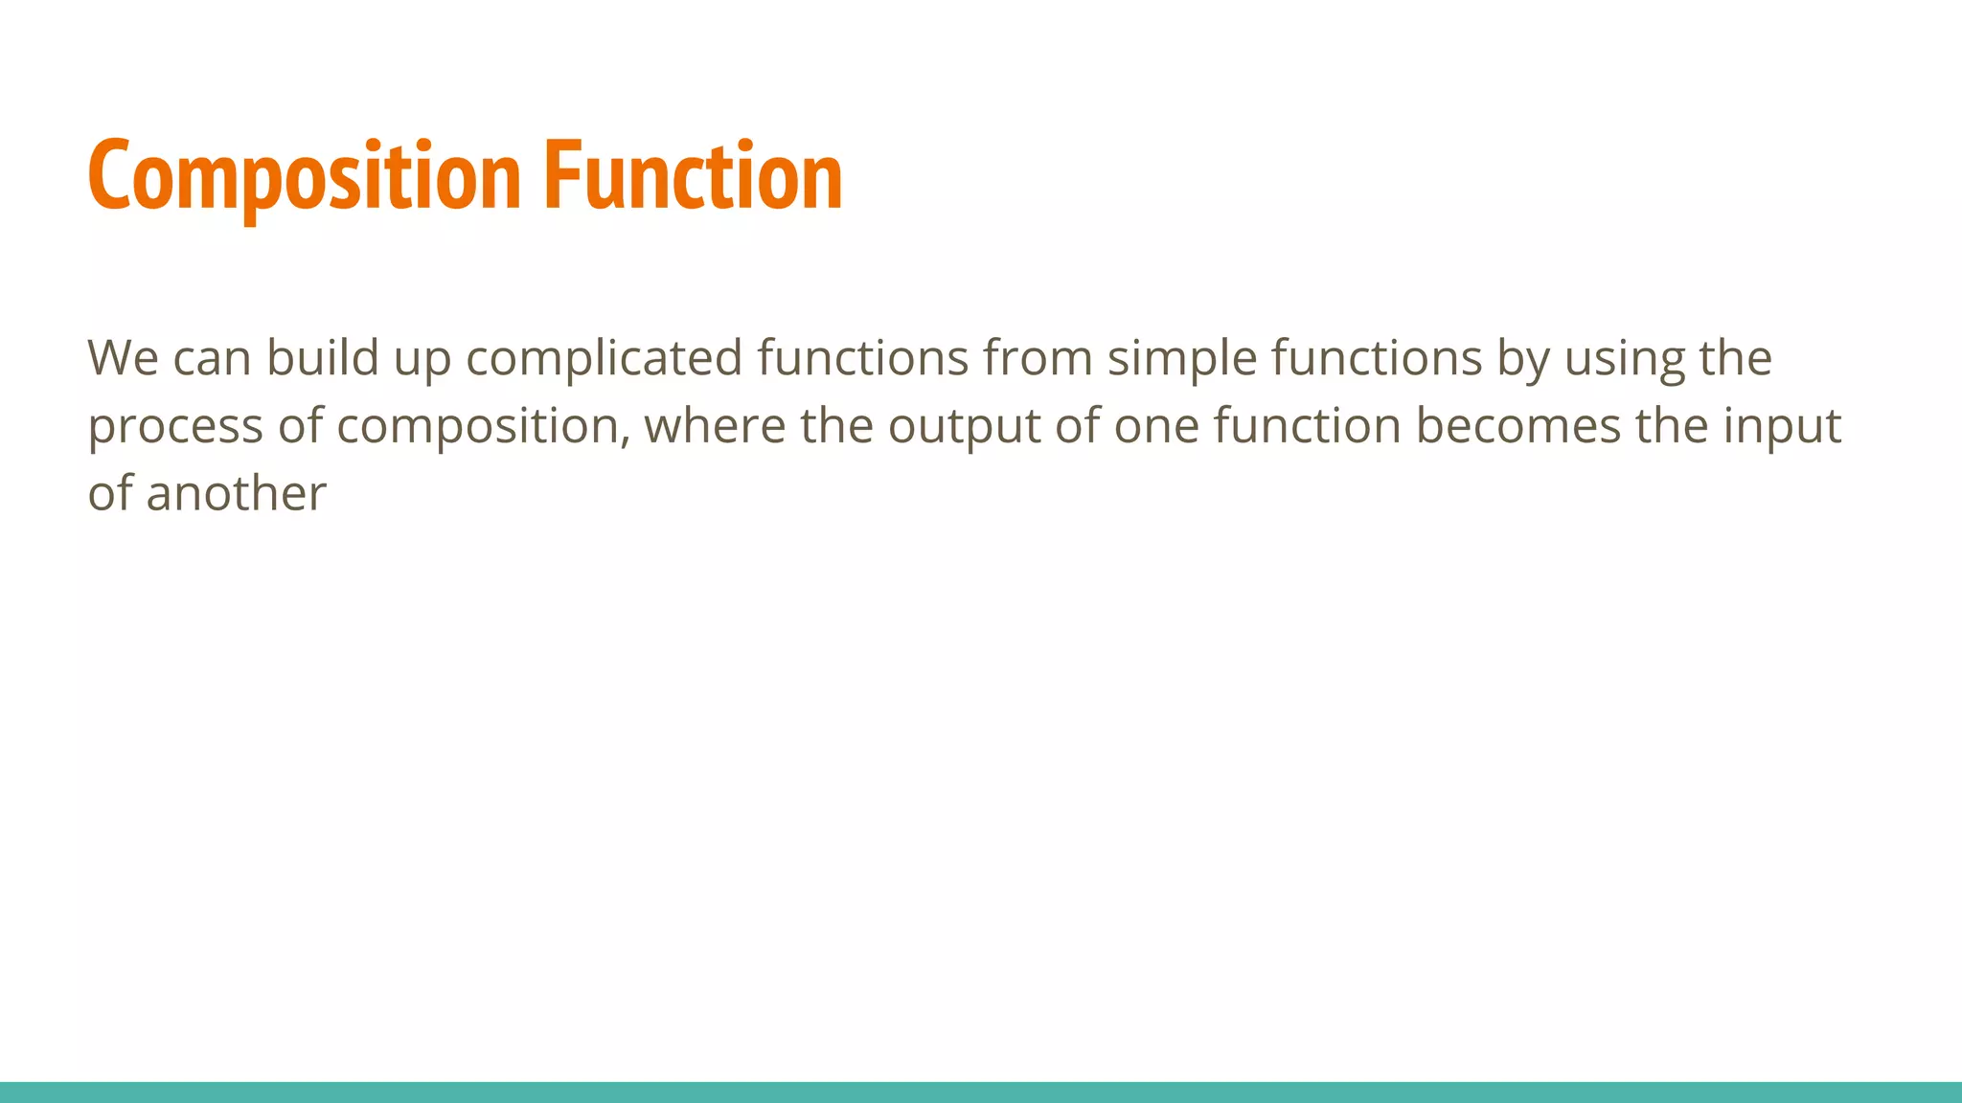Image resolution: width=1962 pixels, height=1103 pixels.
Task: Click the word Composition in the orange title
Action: [304, 176]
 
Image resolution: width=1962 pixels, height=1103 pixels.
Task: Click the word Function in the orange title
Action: [693, 176]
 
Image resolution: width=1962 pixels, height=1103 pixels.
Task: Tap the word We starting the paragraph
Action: [123, 358]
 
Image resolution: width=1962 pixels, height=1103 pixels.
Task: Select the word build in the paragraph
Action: [322, 358]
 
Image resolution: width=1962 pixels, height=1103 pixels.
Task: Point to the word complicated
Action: [604, 358]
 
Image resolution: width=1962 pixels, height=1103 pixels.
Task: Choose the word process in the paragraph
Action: [175, 427]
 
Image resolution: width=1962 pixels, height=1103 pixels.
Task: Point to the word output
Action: [964, 427]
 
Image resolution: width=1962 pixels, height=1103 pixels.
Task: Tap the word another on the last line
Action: [236, 494]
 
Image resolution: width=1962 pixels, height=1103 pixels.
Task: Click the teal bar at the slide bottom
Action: [981, 1092]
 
